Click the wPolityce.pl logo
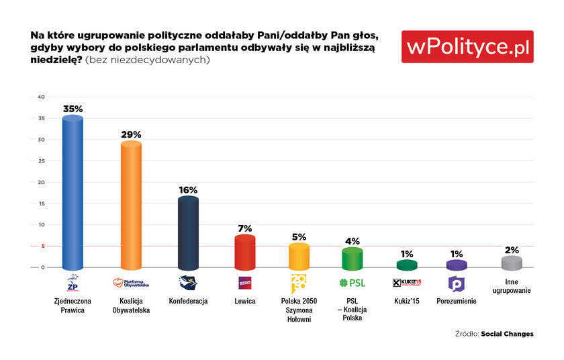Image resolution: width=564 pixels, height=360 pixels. [x=467, y=46]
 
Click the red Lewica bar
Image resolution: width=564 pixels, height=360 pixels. [x=245, y=252]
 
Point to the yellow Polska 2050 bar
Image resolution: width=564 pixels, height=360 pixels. [x=299, y=257]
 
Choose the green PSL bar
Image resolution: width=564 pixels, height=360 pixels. [x=352, y=258]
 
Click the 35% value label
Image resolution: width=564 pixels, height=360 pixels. [x=73, y=108]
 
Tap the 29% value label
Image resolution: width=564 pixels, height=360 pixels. [x=131, y=134]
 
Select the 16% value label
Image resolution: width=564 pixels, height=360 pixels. [x=189, y=189]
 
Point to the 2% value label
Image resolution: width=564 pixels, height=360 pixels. [x=512, y=250]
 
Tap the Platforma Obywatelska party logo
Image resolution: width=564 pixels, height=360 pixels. [x=131, y=283]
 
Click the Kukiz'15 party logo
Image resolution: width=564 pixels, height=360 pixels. [x=406, y=283]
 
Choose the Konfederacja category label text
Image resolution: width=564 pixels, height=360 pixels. [x=189, y=301]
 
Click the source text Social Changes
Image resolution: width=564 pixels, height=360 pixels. [x=508, y=334]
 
